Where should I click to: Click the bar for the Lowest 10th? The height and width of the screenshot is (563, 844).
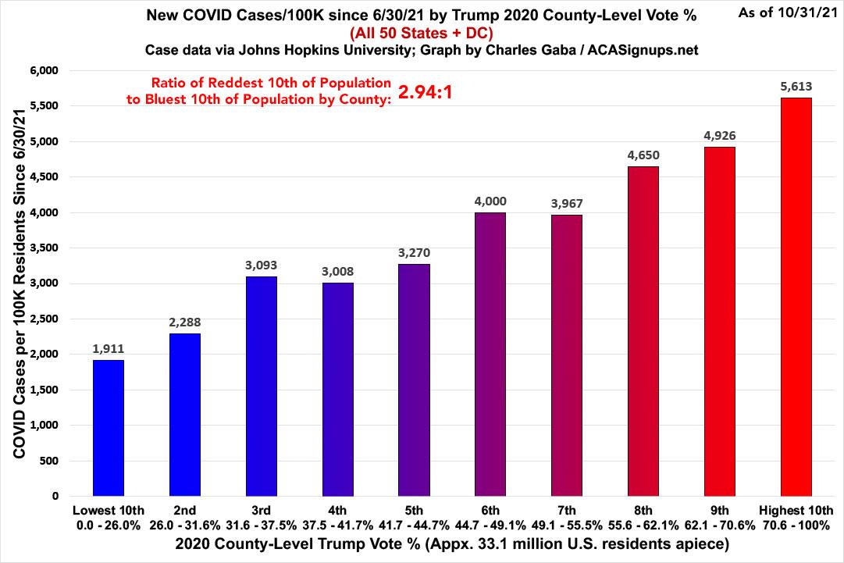[108, 427]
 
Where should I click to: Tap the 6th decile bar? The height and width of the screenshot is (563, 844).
[490, 354]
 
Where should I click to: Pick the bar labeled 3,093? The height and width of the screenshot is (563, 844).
[261, 386]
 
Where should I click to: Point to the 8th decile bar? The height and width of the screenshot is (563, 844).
[643, 331]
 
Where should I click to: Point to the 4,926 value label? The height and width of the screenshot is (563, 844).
[719, 136]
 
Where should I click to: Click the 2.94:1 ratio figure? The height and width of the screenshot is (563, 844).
[426, 93]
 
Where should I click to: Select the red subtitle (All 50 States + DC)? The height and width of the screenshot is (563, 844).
[422, 32]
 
